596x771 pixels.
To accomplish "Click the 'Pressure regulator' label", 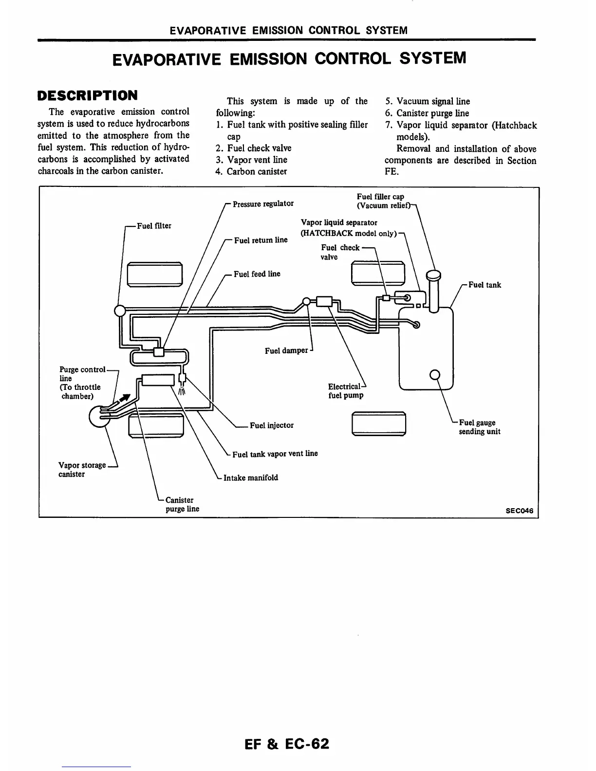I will (263, 203).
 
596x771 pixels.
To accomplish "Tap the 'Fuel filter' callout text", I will (154, 226).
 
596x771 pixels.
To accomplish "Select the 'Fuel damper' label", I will (286, 350).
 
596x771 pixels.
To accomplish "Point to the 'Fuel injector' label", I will (272, 425).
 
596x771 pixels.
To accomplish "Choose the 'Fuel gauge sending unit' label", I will (480, 427).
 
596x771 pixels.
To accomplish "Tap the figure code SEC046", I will (520, 511).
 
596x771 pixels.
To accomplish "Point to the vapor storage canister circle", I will (98, 417).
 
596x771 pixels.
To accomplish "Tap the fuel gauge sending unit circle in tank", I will (435, 374).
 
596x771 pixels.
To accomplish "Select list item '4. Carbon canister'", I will (251, 171).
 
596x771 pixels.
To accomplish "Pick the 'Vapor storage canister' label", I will (82, 470).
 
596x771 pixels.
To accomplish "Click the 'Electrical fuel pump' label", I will (346, 391).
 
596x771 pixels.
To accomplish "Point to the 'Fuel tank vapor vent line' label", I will (275, 454).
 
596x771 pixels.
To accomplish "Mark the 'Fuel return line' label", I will (261, 240).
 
